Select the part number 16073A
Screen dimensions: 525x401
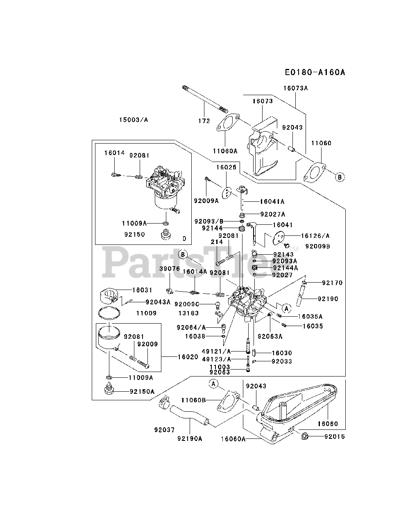[295, 88]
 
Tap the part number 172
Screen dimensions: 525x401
[204, 121]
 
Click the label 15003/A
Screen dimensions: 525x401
[134, 120]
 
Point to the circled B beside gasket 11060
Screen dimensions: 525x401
[340, 177]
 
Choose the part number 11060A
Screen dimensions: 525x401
[225, 151]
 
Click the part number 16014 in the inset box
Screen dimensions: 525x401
[114, 153]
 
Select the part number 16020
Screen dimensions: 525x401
[188, 357]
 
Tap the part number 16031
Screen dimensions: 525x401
[142, 290]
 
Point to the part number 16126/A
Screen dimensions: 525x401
[315, 236]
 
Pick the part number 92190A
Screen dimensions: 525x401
[190, 438]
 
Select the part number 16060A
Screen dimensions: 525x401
[233, 439]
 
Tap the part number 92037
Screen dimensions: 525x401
[165, 430]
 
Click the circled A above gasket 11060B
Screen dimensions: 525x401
[213, 383]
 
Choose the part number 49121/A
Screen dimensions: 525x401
[217, 351]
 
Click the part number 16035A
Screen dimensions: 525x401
[310, 316]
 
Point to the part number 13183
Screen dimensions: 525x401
[188, 313]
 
